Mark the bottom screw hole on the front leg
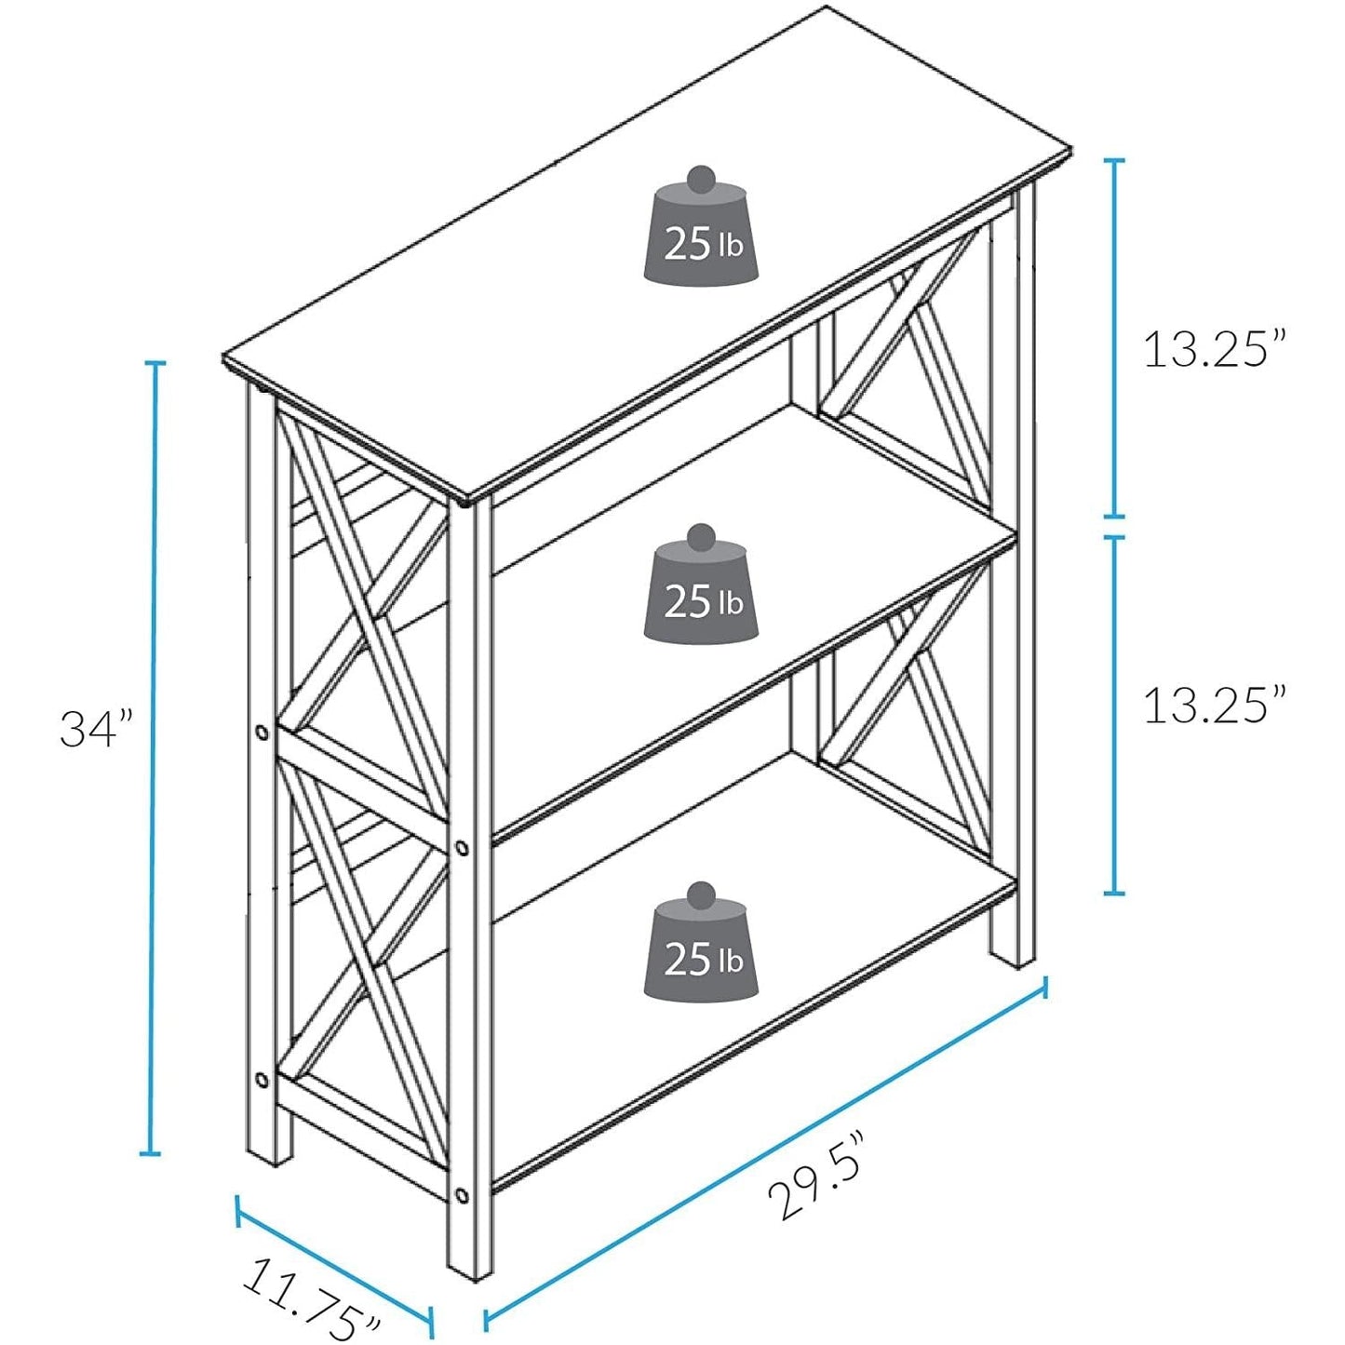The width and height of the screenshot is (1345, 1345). [462, 1194]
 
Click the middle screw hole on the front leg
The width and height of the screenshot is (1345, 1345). [462, 847]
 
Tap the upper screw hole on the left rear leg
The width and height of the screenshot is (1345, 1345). [262, 731]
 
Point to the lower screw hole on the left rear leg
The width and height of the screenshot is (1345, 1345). [262, 1080]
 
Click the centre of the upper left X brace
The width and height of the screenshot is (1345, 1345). [368, 614]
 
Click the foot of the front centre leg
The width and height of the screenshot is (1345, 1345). [469, 1266]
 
